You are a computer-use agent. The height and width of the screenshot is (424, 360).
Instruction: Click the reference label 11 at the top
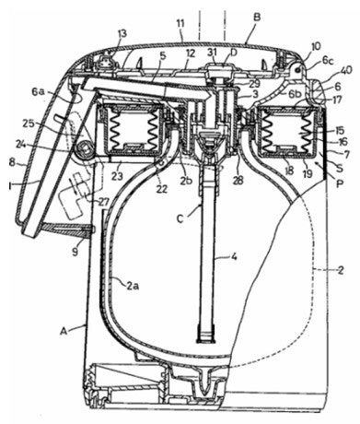(180, 25)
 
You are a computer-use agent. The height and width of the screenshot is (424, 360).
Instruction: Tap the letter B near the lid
(257, 17)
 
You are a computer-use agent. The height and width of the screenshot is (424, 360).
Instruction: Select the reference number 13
(122, 34)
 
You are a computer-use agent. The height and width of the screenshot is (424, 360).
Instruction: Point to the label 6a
(38, 91)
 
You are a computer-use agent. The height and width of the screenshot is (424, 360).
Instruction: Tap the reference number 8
(12, 162)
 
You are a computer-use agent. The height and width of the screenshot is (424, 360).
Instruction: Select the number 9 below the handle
(75, 253)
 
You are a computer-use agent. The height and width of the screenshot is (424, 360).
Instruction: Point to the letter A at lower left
(64, 331)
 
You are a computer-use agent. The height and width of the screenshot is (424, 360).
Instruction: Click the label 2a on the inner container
(132, 287)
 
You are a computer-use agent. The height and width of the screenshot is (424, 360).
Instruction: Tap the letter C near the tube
(180, 218)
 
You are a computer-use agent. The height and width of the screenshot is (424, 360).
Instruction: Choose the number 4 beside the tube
(234, 256)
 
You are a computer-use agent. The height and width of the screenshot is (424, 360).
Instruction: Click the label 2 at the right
(341, 270)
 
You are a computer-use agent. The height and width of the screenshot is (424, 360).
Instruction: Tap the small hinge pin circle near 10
(297, 70)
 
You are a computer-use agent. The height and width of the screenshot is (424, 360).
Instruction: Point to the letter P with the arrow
(340, 183)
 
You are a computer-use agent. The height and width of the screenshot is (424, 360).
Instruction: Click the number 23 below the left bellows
(118, 176)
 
